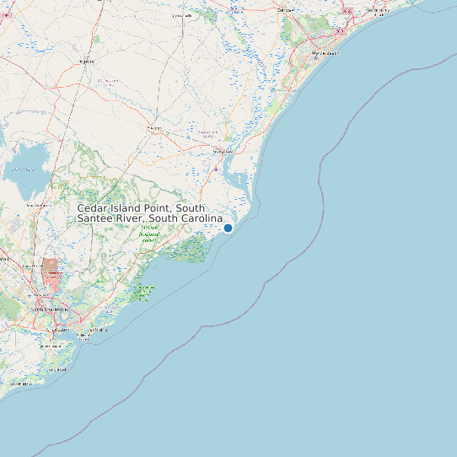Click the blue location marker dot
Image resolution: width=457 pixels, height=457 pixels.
[x=228, y=228]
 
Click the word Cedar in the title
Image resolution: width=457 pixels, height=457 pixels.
[x=93, y=208]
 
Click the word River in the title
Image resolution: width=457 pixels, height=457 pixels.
[x=132, y=219]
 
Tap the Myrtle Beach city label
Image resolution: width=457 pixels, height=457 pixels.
[x=325, y=52]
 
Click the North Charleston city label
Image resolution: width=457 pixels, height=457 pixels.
[x=48, y=310]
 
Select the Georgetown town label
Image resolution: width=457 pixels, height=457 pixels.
[x=223, y=152]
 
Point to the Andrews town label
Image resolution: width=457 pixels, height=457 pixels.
[x=154, y=128]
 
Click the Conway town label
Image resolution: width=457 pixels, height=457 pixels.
[x=286, y=9]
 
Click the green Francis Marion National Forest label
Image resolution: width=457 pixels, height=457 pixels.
[x=150, y=234]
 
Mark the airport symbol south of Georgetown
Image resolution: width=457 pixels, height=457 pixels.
[x=217, y=169]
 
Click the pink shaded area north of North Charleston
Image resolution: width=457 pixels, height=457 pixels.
[x=50, y=274]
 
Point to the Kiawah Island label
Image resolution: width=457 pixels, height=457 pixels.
[x=19, y=384]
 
